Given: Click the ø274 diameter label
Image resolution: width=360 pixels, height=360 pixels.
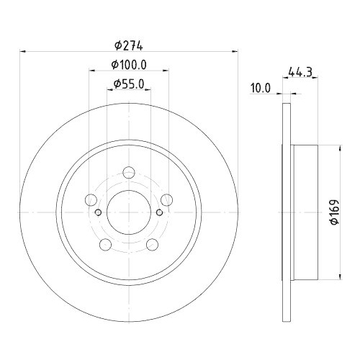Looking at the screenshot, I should click(130, 45).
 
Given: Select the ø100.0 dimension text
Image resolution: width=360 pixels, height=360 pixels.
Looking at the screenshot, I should click(130, 65).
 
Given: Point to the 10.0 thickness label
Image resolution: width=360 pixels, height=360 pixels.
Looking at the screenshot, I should click(261, 89).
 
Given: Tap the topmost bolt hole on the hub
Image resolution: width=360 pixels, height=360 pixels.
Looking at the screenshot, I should click(129, 173).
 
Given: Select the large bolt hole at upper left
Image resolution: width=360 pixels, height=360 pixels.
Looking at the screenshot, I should click(91, 200).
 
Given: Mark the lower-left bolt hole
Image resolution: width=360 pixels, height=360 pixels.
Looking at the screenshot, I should click(106, 245).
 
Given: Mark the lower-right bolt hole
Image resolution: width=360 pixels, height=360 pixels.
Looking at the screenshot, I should click(152, 245).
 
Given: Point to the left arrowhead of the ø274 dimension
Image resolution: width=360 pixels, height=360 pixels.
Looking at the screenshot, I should click(23, 51).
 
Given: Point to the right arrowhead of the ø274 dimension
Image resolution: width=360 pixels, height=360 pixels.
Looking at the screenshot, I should click(235, 51).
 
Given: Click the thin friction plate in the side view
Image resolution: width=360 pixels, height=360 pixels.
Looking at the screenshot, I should click(286, 212).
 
